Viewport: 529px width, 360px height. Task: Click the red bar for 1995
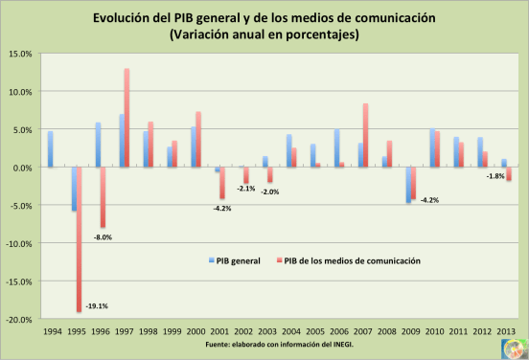coord(79,239)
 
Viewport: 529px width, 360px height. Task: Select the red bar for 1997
coord(126,118)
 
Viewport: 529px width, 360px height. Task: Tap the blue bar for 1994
coord(50,149)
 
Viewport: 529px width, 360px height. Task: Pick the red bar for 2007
coord(365,135)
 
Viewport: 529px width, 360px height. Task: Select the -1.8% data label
coord(495,176)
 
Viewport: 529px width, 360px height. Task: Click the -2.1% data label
coord(245,189)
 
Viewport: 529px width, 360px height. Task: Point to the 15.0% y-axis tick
coord(21,54)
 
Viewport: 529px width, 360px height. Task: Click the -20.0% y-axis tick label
coord(19,320)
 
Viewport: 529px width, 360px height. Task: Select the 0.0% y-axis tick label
coord(23,168)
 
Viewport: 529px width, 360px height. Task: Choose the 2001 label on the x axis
coord(220,332)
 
